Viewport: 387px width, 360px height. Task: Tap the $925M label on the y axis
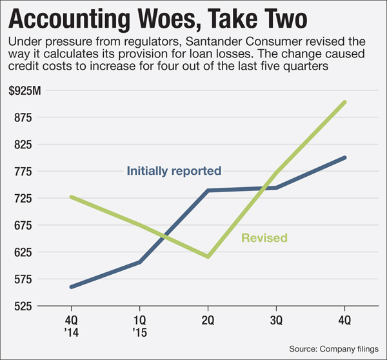click(x=25, y=91)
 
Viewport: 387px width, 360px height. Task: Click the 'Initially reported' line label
click(x=174, y=171)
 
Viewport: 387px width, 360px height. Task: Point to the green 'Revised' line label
click(x=264, y=238)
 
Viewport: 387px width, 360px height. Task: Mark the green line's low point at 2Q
click(x=208, y=257)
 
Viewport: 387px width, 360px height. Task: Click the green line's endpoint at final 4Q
click(x=345, y=102)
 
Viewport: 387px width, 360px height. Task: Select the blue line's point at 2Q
click(x=208, y=190)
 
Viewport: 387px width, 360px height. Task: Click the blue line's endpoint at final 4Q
click(x=345, y=157)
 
